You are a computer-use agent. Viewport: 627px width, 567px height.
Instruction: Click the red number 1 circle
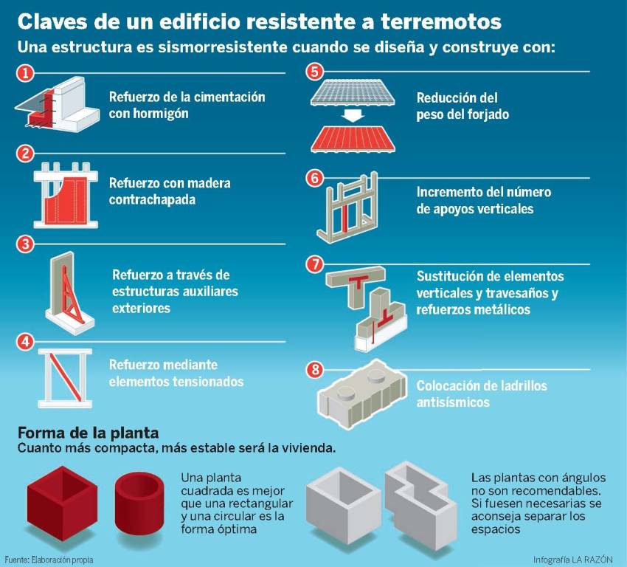coord(26,73)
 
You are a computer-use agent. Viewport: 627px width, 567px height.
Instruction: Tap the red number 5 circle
coord(315,72)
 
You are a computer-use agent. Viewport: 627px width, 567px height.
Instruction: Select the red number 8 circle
coord(315,369)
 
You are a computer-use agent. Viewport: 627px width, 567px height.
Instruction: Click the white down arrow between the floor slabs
coord(354,115)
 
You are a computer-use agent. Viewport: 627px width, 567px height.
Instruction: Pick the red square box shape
coord(63,504)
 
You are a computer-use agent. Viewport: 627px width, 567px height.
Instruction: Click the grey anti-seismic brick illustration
coord(362,395)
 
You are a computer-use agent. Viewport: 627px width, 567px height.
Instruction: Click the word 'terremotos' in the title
coord(441,21)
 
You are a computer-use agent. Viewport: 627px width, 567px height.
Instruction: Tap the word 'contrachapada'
coord(153,199)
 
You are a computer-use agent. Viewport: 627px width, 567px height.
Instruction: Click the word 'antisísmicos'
coord(453,402)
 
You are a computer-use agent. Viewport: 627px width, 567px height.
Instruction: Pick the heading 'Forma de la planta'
coord(89,433)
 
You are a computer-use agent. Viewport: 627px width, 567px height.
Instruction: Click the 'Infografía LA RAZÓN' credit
coord(572,560)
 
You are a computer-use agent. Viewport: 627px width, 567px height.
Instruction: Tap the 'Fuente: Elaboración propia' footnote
coord(49,560)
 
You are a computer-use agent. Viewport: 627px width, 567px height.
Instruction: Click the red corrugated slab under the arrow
coord(353,138)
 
